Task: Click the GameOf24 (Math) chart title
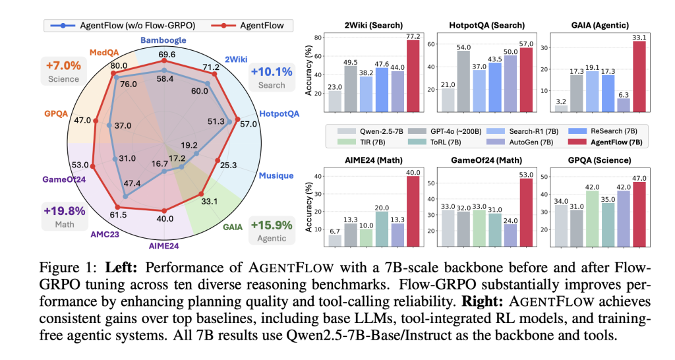(487, 161)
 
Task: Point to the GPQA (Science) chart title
(600, 161)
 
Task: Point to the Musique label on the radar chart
(276, 175)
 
